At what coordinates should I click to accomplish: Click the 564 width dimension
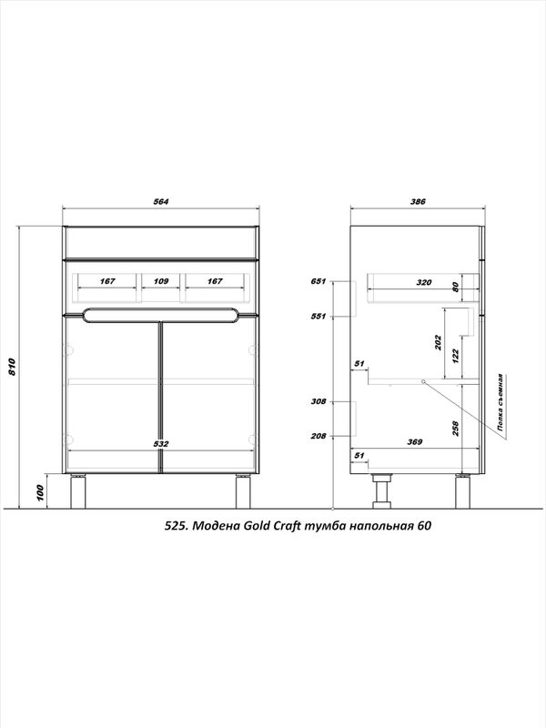click(x=161, y=201)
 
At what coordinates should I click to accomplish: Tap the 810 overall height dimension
click(x=13, y=367)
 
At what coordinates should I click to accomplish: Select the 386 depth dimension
click(x=418, y=201)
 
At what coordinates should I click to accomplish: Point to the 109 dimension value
click(x=161, y=281)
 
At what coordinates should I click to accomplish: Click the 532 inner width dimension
click(x=161, y=444)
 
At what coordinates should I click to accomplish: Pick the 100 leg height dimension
click(x=40, y=493)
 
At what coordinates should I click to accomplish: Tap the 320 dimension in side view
click(x=424, y=282)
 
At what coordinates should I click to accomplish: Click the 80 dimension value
click(x=456, y=287)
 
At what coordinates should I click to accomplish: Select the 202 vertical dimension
click(x=439, y=342)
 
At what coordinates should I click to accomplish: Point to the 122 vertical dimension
click(x=456, y=356)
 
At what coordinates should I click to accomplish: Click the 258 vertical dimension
click(x=456, y=429)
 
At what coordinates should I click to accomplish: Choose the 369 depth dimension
click(x=415, y=442)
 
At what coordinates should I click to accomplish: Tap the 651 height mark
click(x=318, y=281)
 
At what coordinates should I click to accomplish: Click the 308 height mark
click(x=318, y=401)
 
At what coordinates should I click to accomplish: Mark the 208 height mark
click(x=318, y=436)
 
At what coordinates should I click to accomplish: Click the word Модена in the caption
click(x=216, y=526)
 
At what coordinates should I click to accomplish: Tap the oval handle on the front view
click(x=161, y=315)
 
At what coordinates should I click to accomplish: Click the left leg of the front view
click(x=78, y=491)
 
